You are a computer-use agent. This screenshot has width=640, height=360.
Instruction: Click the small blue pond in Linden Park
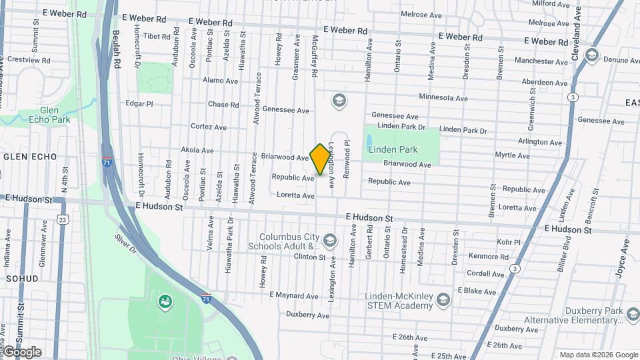click(369, 141)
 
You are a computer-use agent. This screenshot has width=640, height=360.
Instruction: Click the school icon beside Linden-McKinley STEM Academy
click(442, 301)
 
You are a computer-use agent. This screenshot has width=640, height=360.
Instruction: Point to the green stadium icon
click(163, 303)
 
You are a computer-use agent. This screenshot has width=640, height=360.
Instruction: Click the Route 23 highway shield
click(63, 219)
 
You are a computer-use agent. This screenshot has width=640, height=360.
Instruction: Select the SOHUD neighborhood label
click(23, 278)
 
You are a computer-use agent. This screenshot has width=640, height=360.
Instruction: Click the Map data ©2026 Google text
click(598, 355)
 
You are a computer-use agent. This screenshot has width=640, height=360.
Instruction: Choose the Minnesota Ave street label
click(443, 97)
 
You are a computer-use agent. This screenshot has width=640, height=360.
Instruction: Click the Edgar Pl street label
click(139, 104)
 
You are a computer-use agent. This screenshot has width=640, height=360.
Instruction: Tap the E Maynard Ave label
click(293, 296)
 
